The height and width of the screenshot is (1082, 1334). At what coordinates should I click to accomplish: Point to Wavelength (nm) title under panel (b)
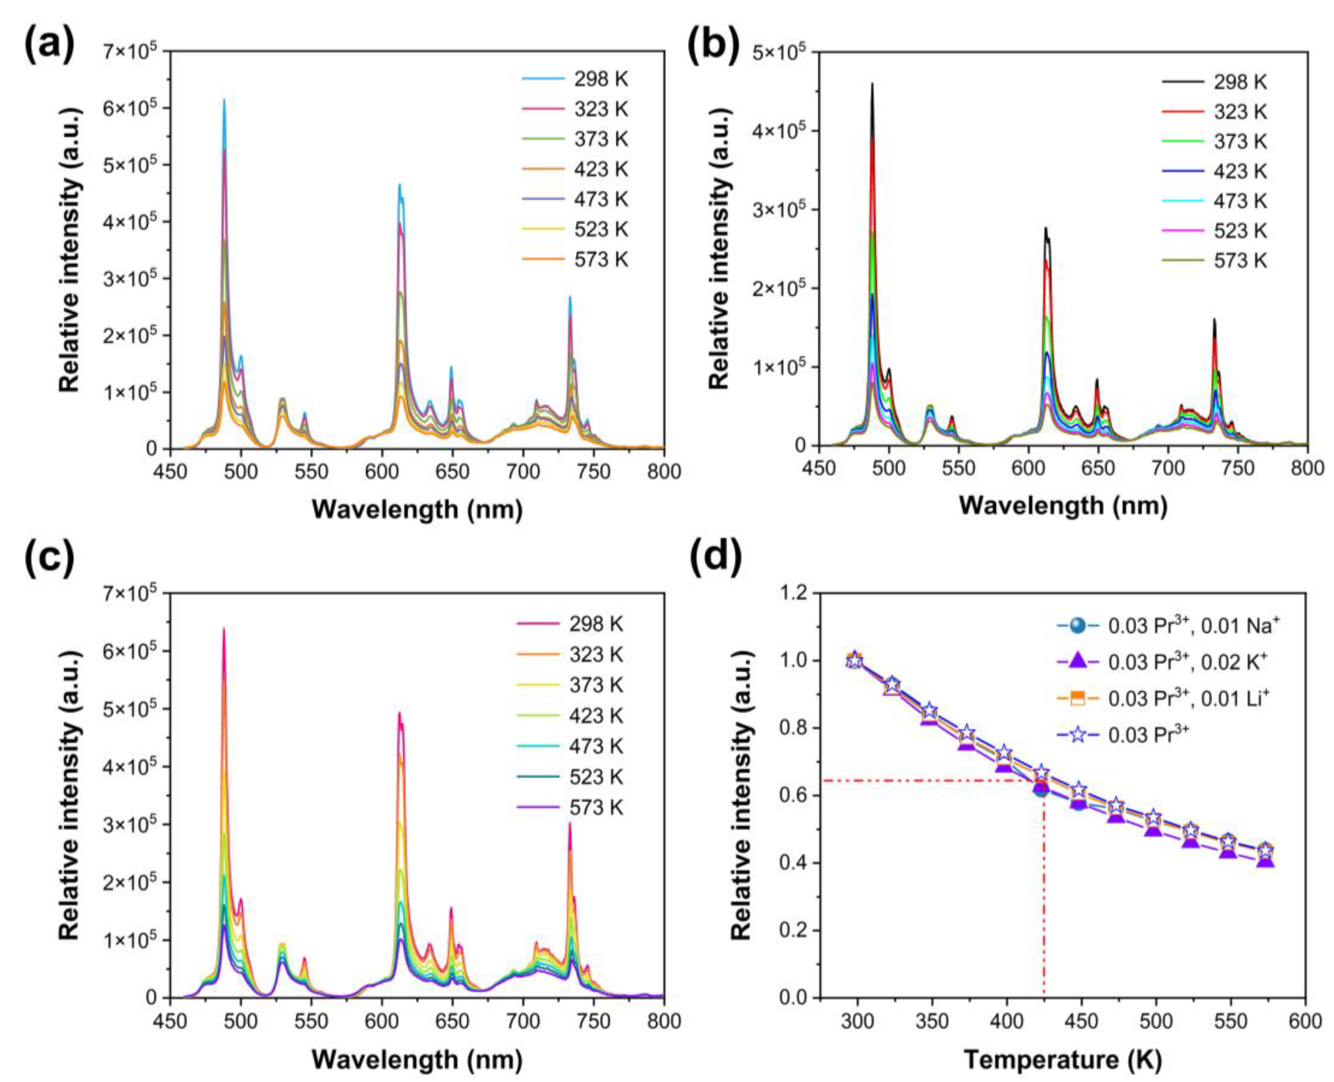click(1063, 505)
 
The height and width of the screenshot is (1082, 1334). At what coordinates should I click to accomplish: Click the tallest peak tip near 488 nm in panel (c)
click(224, 628)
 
